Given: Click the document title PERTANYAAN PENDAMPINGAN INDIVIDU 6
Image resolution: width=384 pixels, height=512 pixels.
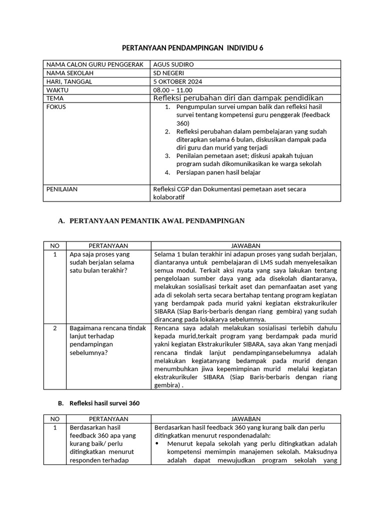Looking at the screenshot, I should coord(192,48).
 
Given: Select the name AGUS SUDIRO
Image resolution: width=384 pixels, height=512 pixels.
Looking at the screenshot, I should coord(173,64).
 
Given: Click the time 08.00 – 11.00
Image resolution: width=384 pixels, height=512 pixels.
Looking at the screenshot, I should coord(172,90).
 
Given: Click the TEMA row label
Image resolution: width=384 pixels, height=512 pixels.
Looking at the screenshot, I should coord(55,98).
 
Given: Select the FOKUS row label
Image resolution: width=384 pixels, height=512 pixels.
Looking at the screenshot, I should coord(56,107).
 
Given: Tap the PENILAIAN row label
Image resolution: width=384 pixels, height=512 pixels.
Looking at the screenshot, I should coord(61,189).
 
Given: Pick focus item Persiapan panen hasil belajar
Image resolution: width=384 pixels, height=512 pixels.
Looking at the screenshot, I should coord(218,172).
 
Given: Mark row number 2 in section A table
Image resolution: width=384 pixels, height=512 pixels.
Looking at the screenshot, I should coord(54,328).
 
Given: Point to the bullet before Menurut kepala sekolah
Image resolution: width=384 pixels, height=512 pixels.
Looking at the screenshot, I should coord(158,443).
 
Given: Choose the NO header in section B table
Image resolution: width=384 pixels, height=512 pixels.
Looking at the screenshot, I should coord(54,418).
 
